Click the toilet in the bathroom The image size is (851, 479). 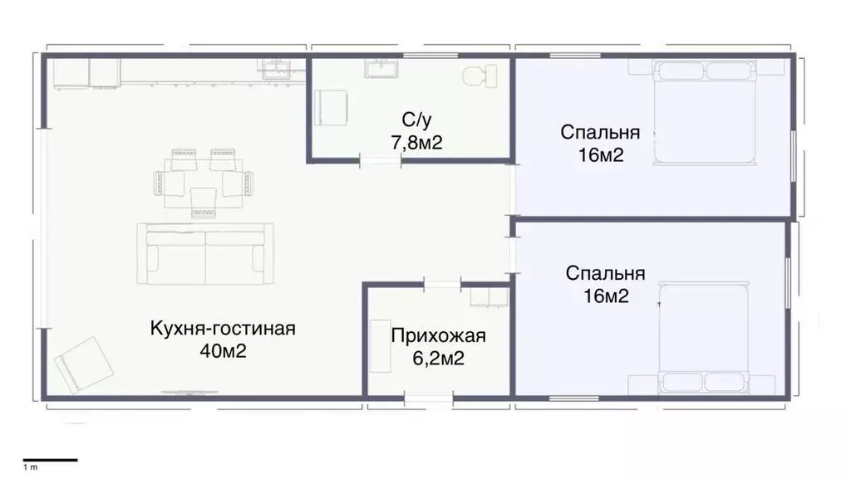click(x=475, y=77)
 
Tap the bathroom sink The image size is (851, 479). click(x=382, y=68)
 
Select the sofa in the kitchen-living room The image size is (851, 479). click(x=205, y=253)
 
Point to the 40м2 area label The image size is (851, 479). click(x=223, y=350)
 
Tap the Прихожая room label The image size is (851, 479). click(x=438, y=336)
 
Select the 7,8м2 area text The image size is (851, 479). click(x=416, y=143)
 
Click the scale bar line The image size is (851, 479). click(x=50, y=459)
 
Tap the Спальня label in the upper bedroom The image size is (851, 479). click(x=600, y=132)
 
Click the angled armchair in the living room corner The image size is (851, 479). click(x=81, y=365)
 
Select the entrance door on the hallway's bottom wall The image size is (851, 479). click(x=429, y=399)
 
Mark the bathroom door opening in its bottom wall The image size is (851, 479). click(x=381, y=159)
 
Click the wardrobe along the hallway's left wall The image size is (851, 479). click(x=381, y=345)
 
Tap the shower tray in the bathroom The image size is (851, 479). click(x=332, y=105)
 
